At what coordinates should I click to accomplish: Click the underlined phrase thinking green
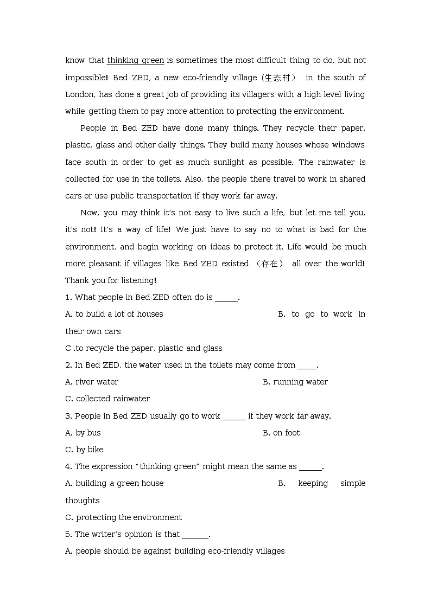pos(135,60)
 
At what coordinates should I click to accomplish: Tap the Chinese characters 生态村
pos(278,78)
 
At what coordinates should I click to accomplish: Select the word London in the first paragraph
pos(79,94)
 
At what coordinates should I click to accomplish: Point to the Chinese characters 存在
pos(269,264)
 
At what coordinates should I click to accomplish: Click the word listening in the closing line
pos(138,280)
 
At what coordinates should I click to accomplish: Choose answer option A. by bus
pos(83,433)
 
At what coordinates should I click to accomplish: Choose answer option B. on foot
pos(281,433)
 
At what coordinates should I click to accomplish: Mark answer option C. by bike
pos(84,450)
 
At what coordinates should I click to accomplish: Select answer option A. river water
pos(92,382)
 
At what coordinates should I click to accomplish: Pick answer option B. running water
pos(295,382)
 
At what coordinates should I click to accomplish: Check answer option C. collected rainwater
pos(107,399)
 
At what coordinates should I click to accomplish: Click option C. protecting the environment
pos(123,517)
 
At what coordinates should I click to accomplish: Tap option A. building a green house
pos(114,483)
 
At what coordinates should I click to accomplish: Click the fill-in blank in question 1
pos(226,298)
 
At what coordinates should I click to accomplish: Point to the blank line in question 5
pos(195,535)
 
